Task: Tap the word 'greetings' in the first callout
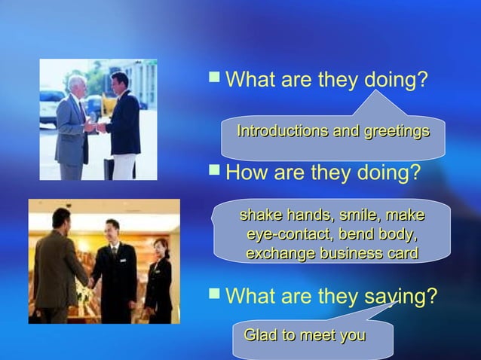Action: click(x=397, y=132)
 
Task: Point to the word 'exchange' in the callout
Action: click(x=279, y=253)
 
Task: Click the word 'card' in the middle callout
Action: click(x=401, y=253)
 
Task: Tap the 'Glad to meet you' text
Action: click(x=305, y=334)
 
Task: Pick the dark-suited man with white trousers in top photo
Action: click(x=122, y=124)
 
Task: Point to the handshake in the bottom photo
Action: click(x=90, y=283)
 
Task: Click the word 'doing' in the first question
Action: click(x=388, y=78)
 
